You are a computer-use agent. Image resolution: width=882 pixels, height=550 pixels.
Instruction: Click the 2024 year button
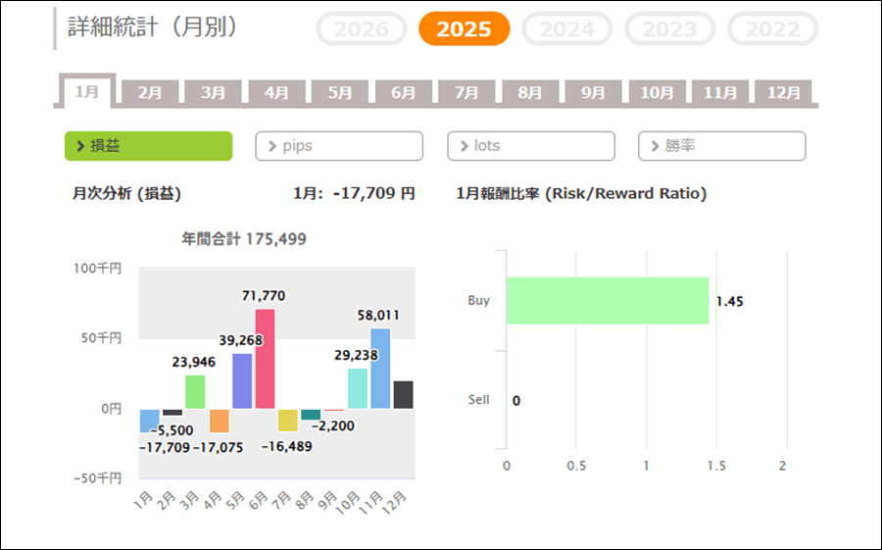[566, 28]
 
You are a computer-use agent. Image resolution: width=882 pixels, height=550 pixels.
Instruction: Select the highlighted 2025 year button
[464, 28]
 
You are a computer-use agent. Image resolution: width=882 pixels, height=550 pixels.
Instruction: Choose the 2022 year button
[772, 28]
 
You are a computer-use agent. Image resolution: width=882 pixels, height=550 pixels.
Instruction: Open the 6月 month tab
[404, 93]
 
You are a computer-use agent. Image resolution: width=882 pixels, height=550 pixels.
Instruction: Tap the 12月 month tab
[784, 93]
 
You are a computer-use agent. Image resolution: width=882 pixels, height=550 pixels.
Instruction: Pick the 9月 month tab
[593, 93]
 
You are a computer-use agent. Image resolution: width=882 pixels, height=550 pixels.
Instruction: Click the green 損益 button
[148, 146]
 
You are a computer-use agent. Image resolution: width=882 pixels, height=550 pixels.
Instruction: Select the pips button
[339, 146]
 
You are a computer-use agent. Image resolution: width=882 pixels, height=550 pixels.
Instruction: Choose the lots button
[531, 146]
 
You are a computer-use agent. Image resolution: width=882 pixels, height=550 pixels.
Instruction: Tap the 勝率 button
[721, 146]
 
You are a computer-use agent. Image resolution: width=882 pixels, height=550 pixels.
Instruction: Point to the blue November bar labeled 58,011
[379, 369]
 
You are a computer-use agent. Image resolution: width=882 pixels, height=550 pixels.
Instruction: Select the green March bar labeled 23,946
[195, 392]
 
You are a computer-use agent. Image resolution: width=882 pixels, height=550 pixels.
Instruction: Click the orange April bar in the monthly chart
[219, 421]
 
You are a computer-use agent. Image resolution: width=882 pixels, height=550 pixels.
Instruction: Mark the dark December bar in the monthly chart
[403, 395]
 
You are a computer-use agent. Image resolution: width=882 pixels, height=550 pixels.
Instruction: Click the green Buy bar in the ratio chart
[607, 301]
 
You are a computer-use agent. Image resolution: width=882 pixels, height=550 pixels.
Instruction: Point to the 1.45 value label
[729, 302]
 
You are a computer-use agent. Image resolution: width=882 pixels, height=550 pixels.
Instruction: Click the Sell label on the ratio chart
[478, 400]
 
